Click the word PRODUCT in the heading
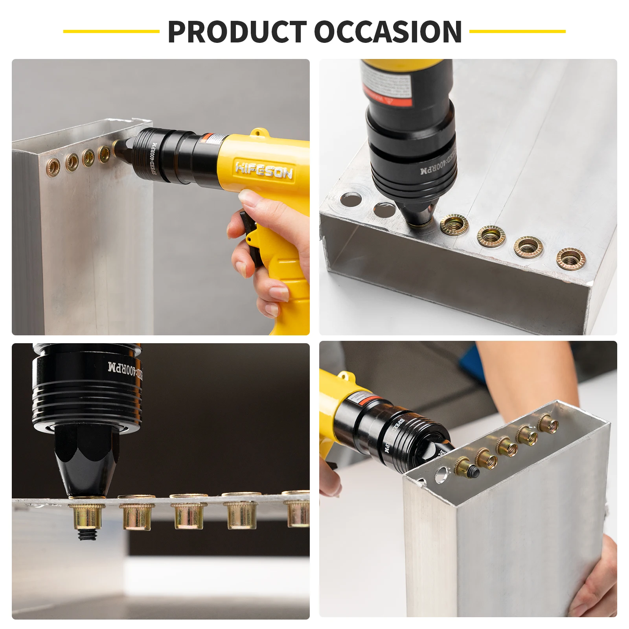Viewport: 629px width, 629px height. [x=237, y=32]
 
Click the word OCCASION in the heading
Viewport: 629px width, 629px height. [x=388, y=32]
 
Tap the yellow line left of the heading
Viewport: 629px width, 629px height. [x=111, y=31]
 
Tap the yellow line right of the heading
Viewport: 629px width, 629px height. [x=517, y=31]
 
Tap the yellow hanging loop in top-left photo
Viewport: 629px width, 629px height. [x=257, y=132]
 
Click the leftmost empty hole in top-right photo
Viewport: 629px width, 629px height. [x=351, y=199]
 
